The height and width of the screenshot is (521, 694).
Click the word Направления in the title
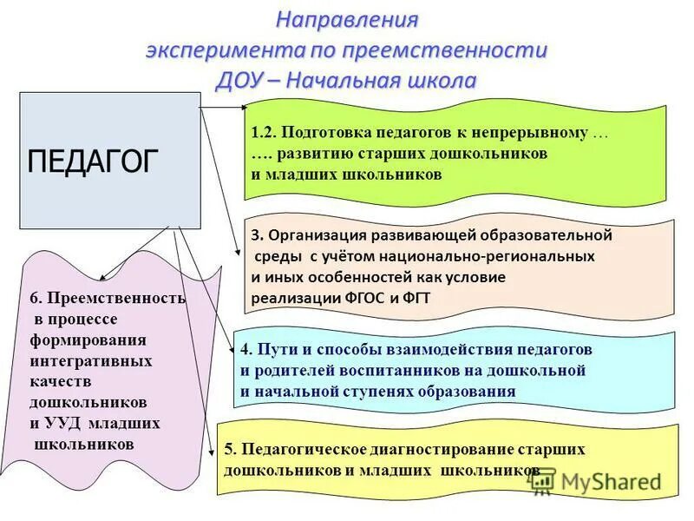point(347,19)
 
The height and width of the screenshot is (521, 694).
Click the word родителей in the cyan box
point(296,370)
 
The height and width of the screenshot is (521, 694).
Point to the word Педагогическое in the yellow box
point(306,449)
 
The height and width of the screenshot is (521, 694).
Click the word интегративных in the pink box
point(91,360)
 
